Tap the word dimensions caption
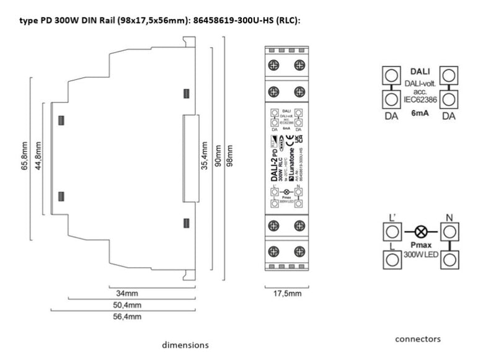click(185, 345)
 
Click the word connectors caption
click(418, 339)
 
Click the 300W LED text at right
click(421, 254)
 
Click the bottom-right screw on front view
click(299, 252)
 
